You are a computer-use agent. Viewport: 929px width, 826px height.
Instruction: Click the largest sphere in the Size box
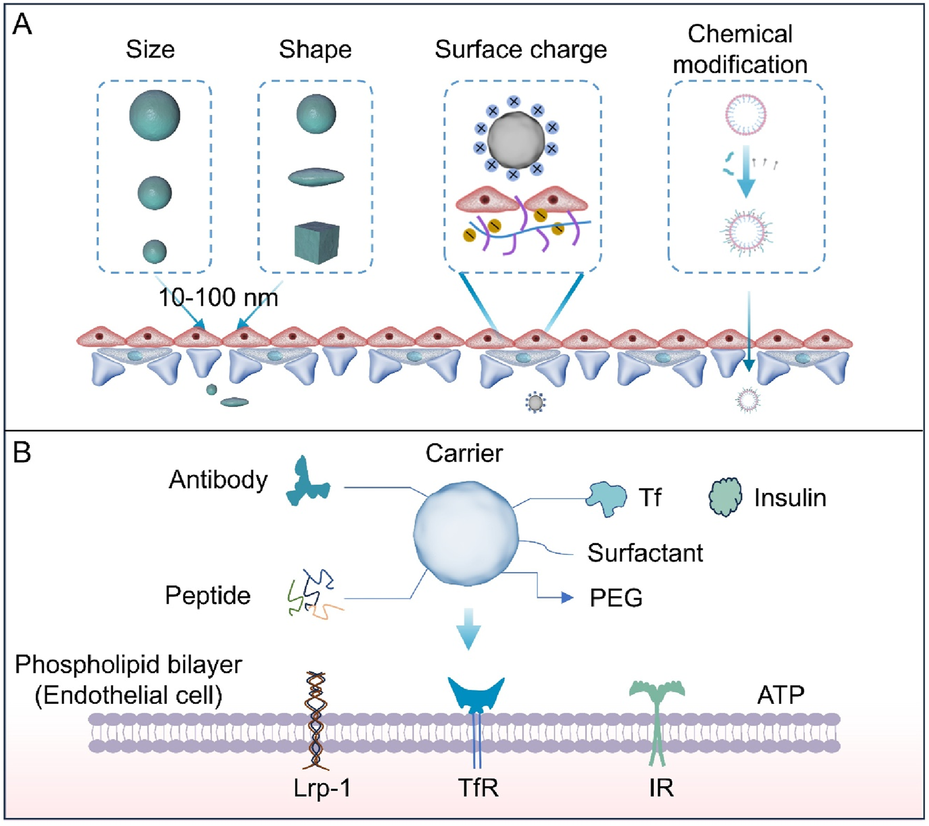154,115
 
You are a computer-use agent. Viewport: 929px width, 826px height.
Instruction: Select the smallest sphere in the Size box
155,252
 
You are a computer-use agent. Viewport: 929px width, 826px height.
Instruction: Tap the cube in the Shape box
316,243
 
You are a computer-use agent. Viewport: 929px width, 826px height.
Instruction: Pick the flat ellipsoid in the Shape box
316,177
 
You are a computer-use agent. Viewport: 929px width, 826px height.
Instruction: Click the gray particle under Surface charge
515,140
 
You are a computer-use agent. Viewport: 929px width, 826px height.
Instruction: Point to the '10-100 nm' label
218,298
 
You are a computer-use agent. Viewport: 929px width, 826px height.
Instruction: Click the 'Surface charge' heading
521,50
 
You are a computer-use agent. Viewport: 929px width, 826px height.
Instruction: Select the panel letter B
22,452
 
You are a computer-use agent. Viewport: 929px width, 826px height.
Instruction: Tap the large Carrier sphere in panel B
466,534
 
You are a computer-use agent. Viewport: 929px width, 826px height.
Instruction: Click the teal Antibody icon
308,483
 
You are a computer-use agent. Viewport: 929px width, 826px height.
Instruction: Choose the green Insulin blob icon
725,497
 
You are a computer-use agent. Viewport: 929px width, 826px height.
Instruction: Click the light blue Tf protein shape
607,498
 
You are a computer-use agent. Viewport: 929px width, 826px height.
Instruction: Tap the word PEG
615,598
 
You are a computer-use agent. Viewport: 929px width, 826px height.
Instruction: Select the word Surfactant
645,553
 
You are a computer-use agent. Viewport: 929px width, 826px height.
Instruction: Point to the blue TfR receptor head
476,693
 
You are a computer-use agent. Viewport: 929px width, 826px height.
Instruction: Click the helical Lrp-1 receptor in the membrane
316,720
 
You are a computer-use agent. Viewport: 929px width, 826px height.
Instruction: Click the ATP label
780,695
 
